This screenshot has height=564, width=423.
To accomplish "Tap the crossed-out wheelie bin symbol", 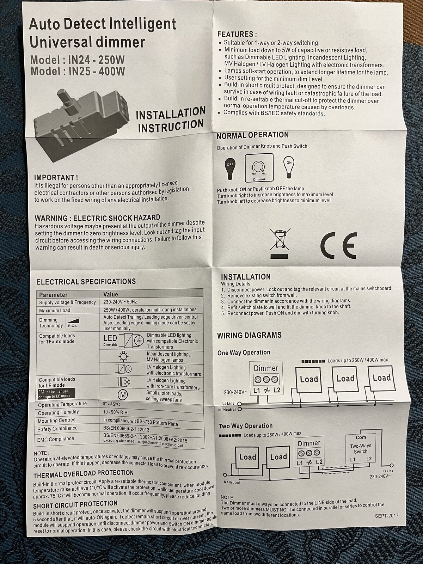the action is point(280,243).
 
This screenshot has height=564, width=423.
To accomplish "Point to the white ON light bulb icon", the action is point(289,167).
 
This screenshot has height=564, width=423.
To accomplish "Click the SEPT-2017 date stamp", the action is point(387,516).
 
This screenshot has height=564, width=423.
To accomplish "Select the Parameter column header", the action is point(53,295).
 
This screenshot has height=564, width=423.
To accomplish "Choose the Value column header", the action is point(110,294).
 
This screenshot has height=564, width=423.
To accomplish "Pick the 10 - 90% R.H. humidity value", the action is point(116,412).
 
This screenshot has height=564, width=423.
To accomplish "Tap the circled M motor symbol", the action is point(123,395).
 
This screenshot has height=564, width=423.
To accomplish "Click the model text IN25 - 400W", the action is point(97,71).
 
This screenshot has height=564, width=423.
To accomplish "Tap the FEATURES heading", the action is point(237,34).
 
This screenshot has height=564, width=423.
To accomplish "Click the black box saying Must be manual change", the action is point(56,394).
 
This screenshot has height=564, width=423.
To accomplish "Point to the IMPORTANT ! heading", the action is point(56,178).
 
